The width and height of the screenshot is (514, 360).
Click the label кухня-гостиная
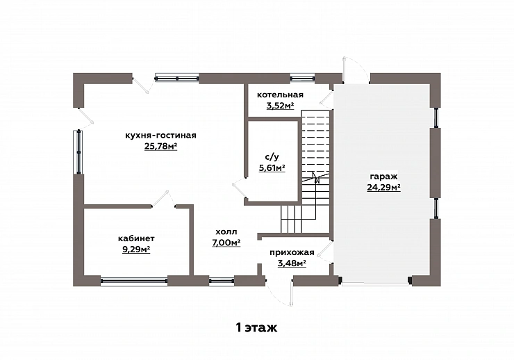point(160,136)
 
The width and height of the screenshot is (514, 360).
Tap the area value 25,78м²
point(160,146)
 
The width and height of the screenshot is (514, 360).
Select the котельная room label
point(280,95)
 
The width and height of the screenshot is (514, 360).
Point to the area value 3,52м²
point(280,106)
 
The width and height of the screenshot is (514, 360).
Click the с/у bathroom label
point(272,157)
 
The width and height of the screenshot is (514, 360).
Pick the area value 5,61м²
point(272,168)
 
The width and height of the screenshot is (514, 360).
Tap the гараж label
point(383,177)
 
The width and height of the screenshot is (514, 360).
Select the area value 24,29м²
point(383,188)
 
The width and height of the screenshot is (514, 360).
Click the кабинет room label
point(136,238)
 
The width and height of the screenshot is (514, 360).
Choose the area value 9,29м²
point(136,249)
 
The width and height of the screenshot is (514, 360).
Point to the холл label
point(226,232)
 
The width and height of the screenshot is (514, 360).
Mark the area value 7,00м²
point(226,243)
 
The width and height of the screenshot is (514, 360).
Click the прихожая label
point(292,253)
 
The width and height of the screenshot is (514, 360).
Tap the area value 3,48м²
point(292,263)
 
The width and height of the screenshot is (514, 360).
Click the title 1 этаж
point(256,327)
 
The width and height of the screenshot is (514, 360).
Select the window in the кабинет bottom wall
point(134,281)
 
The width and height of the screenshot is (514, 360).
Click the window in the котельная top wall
point(302,79)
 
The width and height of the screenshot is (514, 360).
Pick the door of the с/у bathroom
point(240,188)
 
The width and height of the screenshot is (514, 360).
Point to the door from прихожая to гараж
point(326,252)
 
